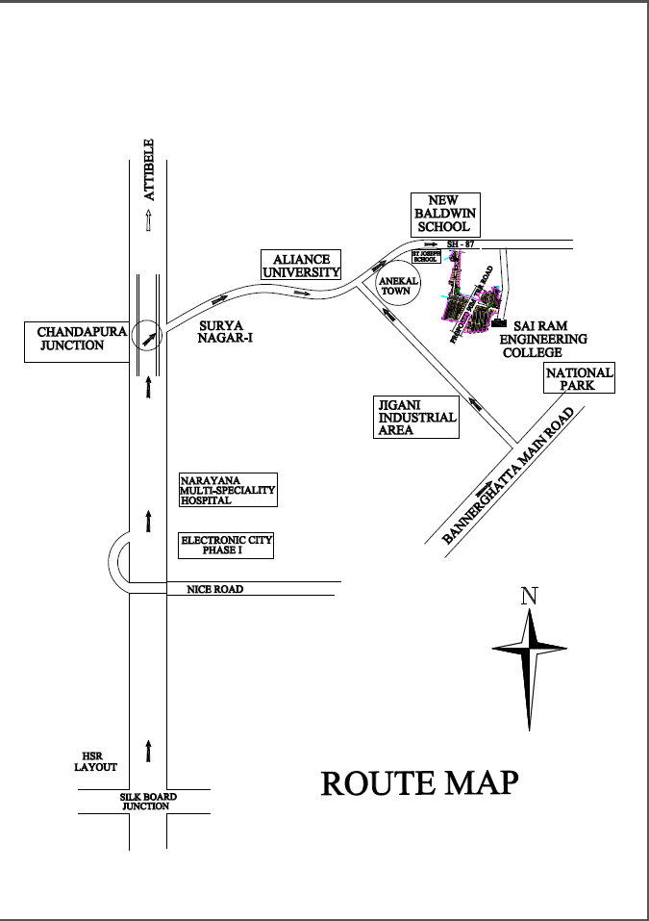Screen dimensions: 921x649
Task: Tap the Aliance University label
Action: (x=301, y=266)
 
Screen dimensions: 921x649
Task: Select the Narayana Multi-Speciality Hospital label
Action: (x=228, y=490)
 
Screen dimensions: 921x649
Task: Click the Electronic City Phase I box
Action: (x=227, y=546)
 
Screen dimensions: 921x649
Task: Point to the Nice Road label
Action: (x=214, y=589)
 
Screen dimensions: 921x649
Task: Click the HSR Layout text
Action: (x=95, y=761)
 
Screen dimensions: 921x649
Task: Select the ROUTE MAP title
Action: (x=419, y=782)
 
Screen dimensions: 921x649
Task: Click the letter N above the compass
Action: (x=528, y=596)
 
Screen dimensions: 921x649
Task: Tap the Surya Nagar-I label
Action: (x=226, y=332)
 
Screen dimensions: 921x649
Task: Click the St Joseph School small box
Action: (x=425, y=257)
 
